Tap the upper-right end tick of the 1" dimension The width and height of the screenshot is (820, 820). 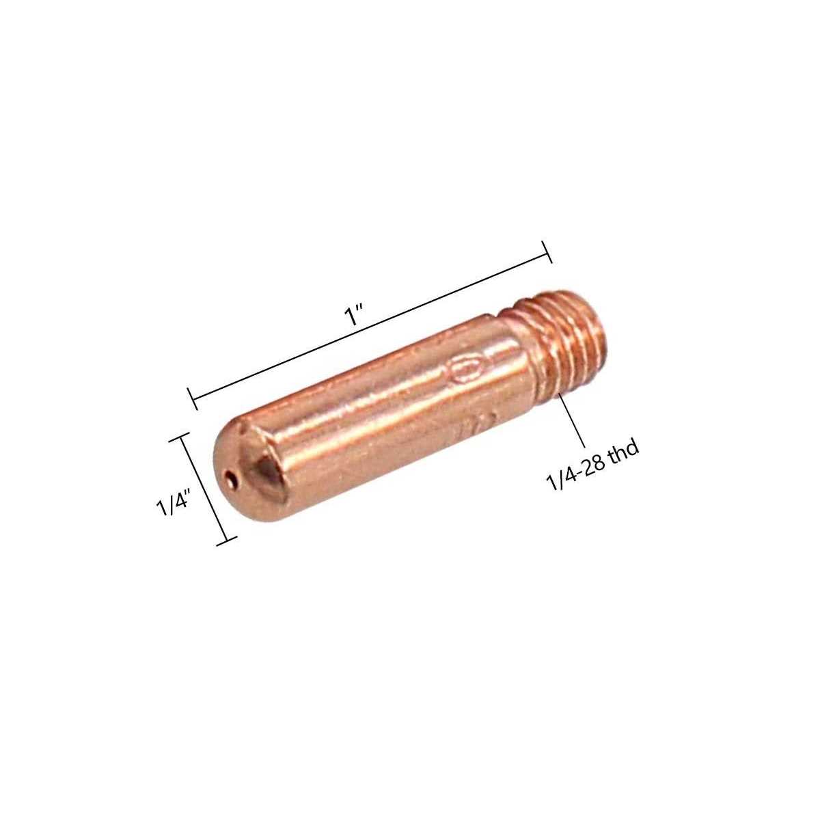(547, 251)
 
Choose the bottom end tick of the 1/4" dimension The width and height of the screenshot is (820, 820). (226, 541)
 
